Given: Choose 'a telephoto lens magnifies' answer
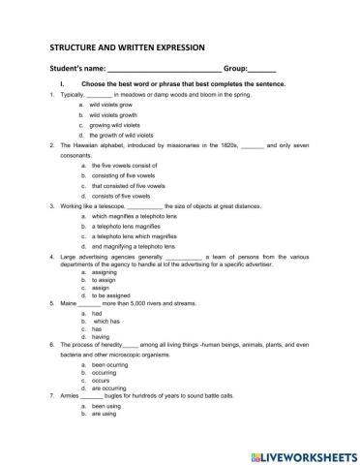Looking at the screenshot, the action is pyautogui.click(x=124, y=226).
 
